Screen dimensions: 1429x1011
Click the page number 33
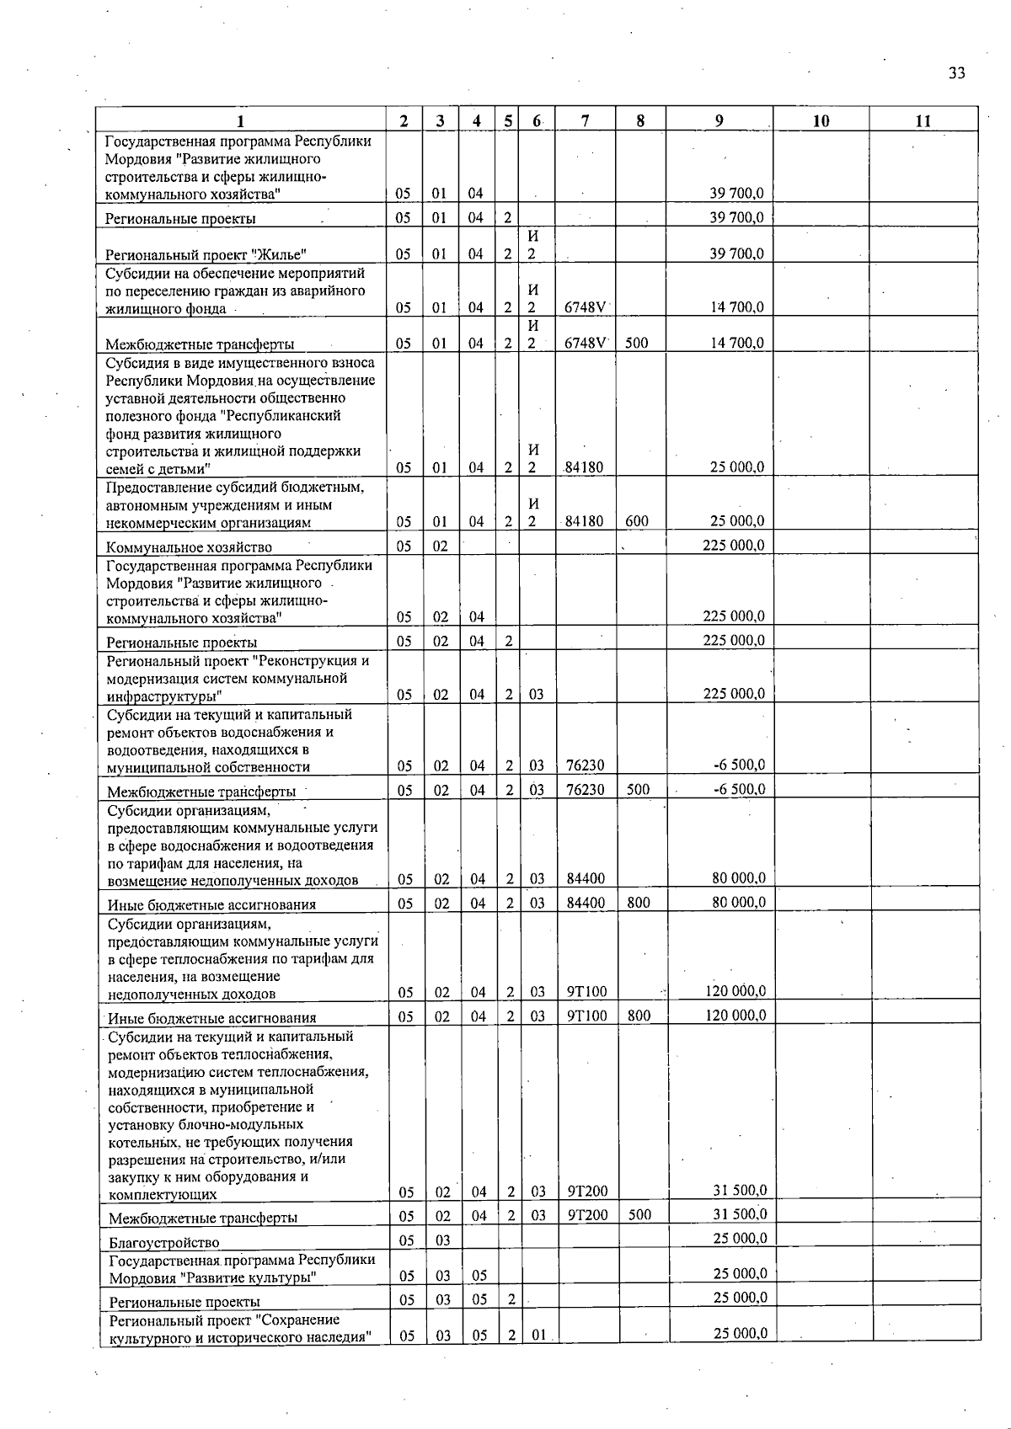pos(956,73)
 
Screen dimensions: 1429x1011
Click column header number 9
pos(719,120)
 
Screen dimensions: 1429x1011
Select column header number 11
pos(923,120)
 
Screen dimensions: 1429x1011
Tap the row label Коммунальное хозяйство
pos(189,547)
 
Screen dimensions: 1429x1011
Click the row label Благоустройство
pos(164,1242)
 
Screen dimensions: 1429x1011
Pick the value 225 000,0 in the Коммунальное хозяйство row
pos(733,545)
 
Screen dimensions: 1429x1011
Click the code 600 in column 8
pos(637,521)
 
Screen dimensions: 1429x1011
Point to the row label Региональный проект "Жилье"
pos(206,255)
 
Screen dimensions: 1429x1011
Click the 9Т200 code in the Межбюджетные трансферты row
pos(587,1215)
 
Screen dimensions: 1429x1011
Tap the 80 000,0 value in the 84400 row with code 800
pos(739,902)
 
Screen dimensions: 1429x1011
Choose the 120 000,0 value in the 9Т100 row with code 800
pos(735,1015)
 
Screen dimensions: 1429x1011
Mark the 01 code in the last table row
pos(539,1336)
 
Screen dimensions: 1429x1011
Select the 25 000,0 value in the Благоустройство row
pos(740,1238)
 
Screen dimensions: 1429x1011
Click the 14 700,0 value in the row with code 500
pos(736,343)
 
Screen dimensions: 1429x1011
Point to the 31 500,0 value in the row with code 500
pos(740,1213)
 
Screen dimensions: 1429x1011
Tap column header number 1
pos(241,120)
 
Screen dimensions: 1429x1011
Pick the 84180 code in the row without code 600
pos(584,467)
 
